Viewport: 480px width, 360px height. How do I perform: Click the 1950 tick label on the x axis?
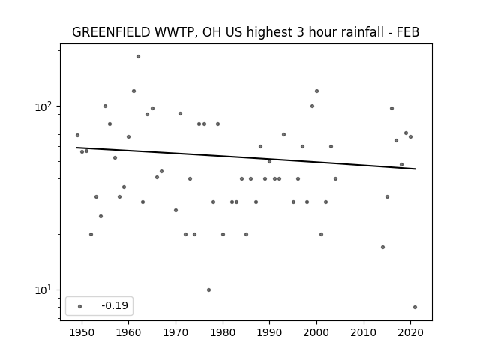click(x=82, y=332)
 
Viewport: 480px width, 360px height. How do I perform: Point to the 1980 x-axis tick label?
click(x=223, y=332)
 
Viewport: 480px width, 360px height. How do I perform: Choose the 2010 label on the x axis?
click(x=364, y=332)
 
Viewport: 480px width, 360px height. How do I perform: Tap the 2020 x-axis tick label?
click(x=411, y=332)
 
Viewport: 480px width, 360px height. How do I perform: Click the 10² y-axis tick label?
click(x=43, y=106)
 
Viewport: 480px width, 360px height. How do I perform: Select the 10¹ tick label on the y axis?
click(x=43, y=290)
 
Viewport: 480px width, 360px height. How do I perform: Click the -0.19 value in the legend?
click(x=115, y=305)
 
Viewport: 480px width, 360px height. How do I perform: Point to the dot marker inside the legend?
click(x=80, y=306)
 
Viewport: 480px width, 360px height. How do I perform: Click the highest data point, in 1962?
click(x=138, y=57)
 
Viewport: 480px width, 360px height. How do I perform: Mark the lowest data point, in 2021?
click(x=415, y=307)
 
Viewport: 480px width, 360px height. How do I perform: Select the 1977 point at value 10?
click(x=208, y=290)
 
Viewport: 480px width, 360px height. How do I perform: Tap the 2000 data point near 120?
click(x=316, y=91)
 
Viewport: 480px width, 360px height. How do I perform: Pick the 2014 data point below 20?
click(x=382, y=247)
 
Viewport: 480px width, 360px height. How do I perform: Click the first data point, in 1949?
click(x=77, y=135)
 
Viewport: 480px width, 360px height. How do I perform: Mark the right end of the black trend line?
click(x=415, y=169)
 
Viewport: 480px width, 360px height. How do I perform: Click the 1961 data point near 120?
click(x=133, y=91)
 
